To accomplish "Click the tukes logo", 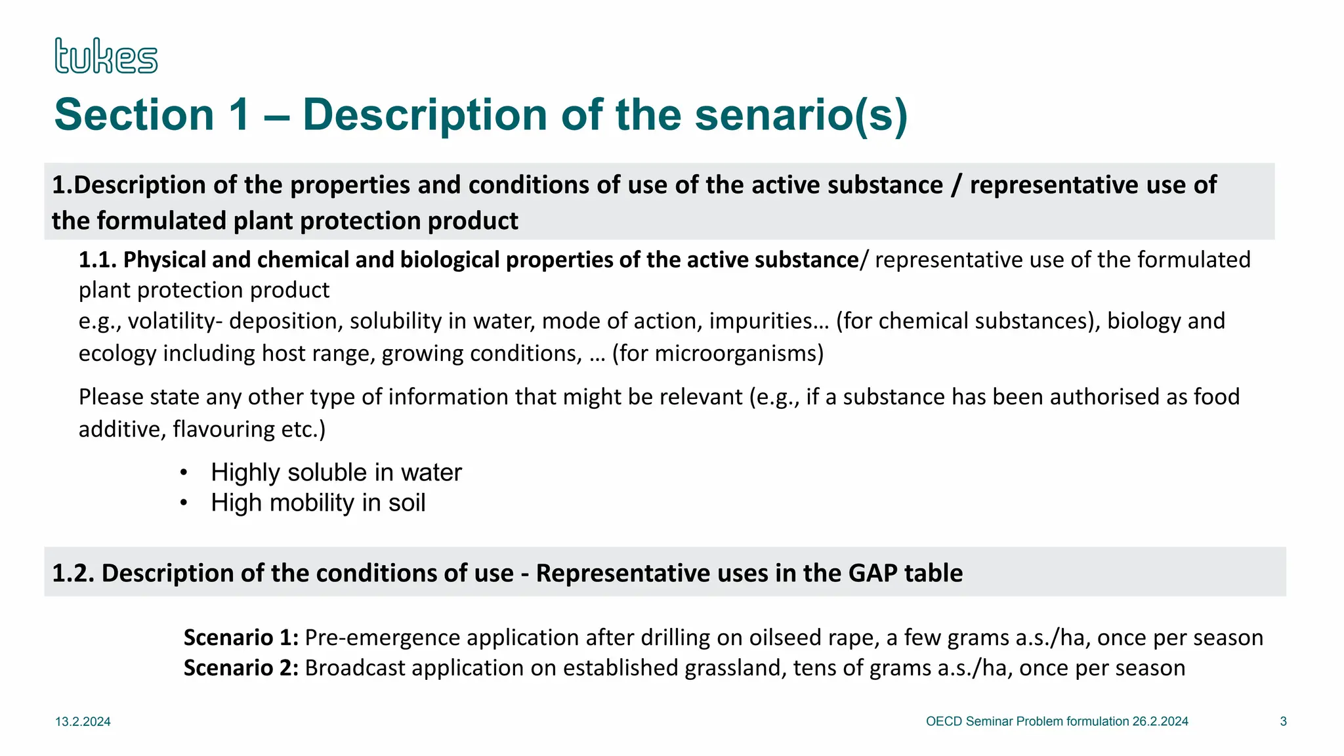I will [x=106, y=56].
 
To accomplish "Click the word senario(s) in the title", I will [x=801, y=115].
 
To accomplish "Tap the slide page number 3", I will [x=1283, y=721].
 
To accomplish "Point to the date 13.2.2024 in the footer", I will [x=83, y=722].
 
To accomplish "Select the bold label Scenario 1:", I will [x=241, y=637].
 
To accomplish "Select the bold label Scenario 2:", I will [x=241, y=667].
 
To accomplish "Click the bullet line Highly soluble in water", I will [x=336, y=472].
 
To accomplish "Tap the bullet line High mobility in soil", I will [x=318, y=503].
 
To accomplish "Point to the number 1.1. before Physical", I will [x=98, y=260].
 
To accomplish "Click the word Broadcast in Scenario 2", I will [x=355, y=667].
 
